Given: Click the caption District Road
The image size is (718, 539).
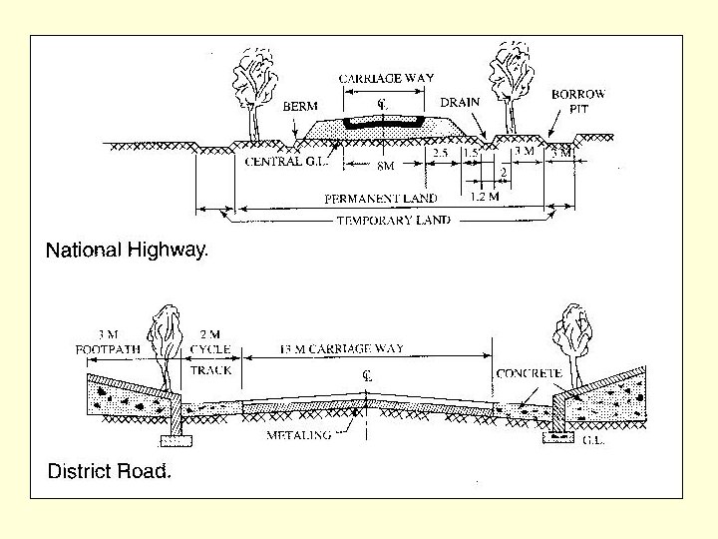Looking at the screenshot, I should pos(110,471).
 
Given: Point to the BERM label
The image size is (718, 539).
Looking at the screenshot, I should pos(300,105).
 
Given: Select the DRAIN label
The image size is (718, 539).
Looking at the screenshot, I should pos(460,102).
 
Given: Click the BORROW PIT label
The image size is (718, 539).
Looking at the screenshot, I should pos(577,102).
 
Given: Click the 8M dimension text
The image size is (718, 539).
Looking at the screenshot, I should pos(384,166).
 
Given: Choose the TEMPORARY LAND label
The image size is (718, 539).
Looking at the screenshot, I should pos(393,220).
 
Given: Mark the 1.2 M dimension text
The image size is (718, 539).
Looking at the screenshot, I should pos(484,197).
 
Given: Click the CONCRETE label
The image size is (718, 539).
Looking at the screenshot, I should pos(530,373).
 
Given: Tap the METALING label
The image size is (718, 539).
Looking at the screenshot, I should pos(298,435).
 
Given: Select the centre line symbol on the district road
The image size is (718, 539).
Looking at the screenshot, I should pos(367,376).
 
